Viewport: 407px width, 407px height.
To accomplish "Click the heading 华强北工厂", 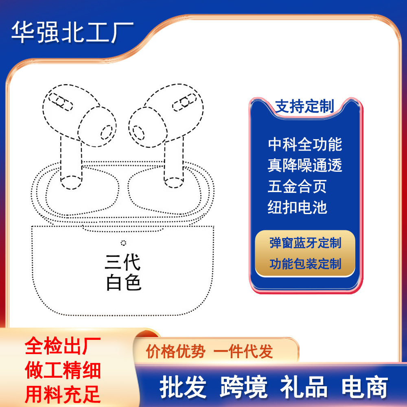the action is pyautogui.click(x=72, y=32).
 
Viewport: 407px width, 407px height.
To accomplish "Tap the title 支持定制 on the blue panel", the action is pyautogui.click(x=304, y=106).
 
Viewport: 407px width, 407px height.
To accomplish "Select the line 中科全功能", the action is pyautogui.click(x=305, y=144).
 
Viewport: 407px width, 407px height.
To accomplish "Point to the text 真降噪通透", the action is pyautogui.click(x=305, y=165).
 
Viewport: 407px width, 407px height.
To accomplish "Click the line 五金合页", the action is pyautogui.click(x=297, y=186).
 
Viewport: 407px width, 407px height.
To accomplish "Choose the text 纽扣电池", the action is pyautogui.click(x=297, y=207).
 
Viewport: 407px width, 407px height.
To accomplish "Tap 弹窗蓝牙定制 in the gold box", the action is pyautogui.click(x=305, y=243).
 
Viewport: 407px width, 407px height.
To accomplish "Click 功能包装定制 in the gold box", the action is pyautogui.click(x=305, y=264).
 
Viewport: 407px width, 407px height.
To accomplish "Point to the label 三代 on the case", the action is pyautogui.click(x=123, y=263).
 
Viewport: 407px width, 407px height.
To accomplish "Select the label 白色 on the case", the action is pyautogui.click(x=124, y=282).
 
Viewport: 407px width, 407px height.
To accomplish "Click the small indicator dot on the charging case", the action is pyautogui.click(x=124, y=243).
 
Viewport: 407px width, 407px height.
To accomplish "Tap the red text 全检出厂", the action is pyautogui.click(x=63, y=346).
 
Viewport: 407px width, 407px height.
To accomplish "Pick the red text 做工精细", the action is pyautogui.click(x=63, y=370).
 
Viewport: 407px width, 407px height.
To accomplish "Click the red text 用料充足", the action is pyautogui.click(x=63, y=394).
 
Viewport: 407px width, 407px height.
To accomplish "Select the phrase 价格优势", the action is pyautogui.click(x=176, y=352).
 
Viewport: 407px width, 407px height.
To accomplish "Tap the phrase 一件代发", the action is pyautogui.click(x=243, y=352).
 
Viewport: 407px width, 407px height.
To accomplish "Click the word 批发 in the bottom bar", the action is pyautogui.click(x=183, y=387).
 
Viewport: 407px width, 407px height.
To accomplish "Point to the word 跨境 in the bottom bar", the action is pyautogui.click(x=244, y=387).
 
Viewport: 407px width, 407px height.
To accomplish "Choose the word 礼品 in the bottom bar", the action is pyautogui.click(x=304, y=387).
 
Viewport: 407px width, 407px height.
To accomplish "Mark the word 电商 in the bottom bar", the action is pyautogui.click(x=365, y=387).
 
